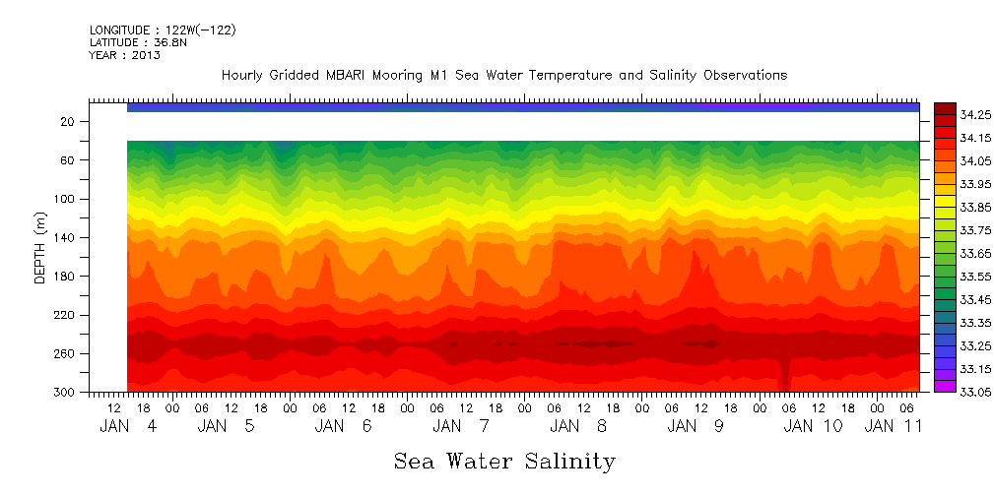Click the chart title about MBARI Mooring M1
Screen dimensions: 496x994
[x=503, y=76]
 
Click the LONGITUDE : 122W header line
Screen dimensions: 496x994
[x=163, y=31]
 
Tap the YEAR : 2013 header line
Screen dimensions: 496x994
[x=124, y=55]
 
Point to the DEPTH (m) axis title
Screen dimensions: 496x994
[x=40, y=246]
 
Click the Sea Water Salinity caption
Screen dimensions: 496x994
[x=504, y=461]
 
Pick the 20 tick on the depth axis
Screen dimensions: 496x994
[x=69, y=122]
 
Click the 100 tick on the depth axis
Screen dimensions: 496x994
[x=65, y=199]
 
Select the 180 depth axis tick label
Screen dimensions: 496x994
[x=65, y=277]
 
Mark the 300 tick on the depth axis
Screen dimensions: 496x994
[x=65, y=393]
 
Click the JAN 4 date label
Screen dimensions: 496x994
[x=128, y=427]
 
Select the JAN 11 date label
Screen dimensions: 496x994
[x=893, y=427]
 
